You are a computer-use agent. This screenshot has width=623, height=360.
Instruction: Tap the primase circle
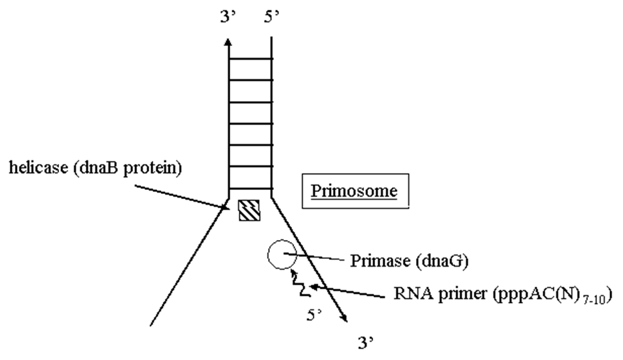tap(280, 254)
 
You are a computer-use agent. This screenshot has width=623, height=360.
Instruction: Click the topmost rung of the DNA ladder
tap(249, 58)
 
